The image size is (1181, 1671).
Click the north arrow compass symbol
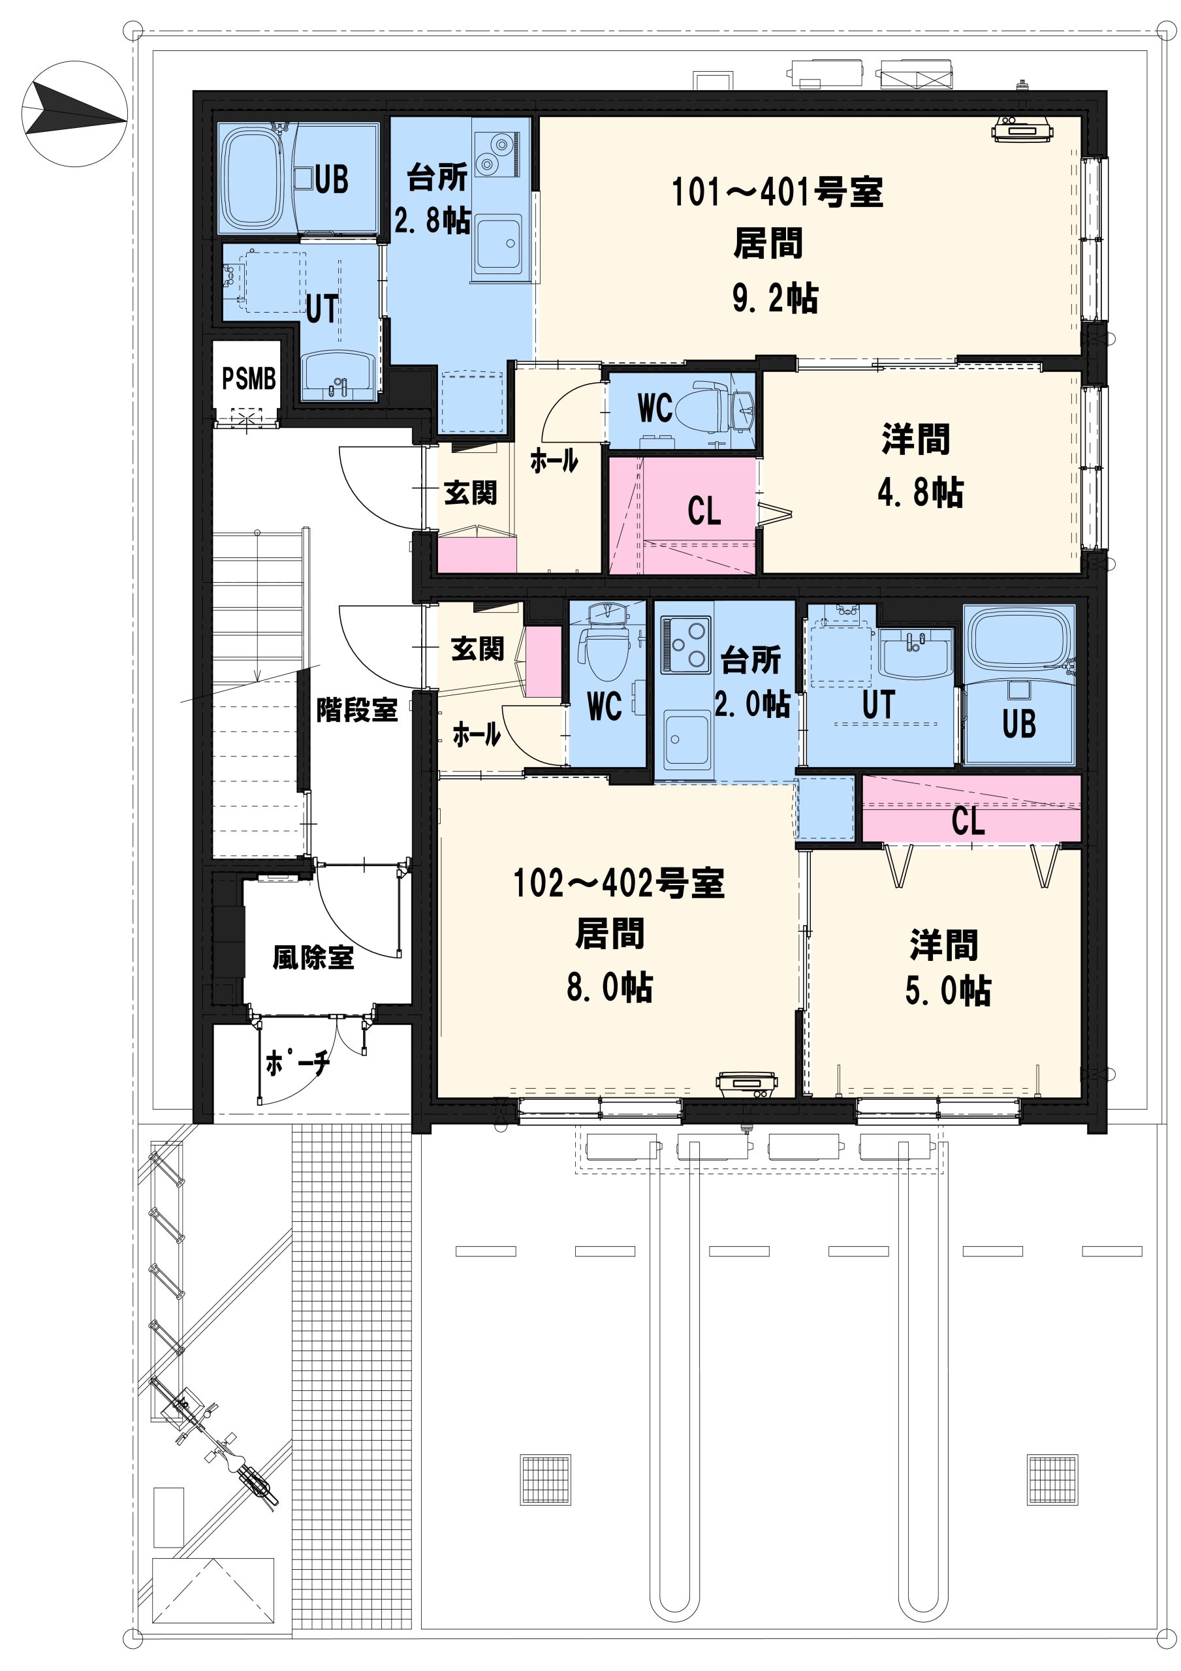point(75,114)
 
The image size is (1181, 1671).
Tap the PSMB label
point(249,379)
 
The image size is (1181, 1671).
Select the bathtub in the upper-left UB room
point(252,178)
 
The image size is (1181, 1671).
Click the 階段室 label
point(356,710)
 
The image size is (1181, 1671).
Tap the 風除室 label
point(313,958)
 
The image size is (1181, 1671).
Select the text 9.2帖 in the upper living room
point(776,298)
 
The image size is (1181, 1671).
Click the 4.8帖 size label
point(921,493)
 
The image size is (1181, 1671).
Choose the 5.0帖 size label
point(948,990)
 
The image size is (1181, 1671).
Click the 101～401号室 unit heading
point(777,192)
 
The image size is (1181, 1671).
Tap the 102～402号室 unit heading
point(619,882)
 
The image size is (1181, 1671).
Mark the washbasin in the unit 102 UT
point(915,652)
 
